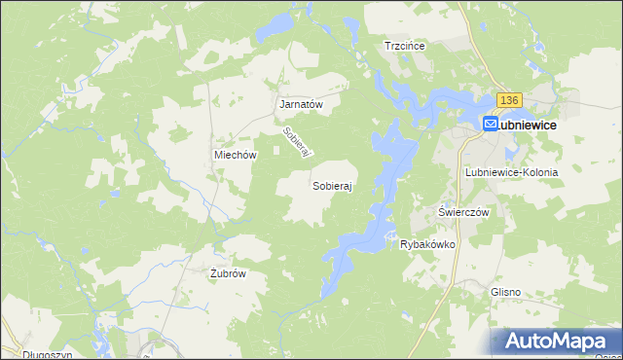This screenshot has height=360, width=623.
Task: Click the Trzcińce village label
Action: click(407, 46)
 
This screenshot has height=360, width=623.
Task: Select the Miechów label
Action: click(235, 155)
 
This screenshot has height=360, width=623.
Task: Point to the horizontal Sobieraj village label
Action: click(331, 184)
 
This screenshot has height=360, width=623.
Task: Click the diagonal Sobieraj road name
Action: click(296, 144)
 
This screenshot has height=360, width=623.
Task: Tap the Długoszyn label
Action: click(28, 355)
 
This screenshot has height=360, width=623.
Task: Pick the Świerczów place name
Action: click(462, 211)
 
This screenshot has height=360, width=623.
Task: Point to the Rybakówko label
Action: click(428, 244)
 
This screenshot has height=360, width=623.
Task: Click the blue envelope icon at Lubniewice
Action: click(491, 125)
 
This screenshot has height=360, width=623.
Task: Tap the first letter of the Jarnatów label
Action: click(282, 104)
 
